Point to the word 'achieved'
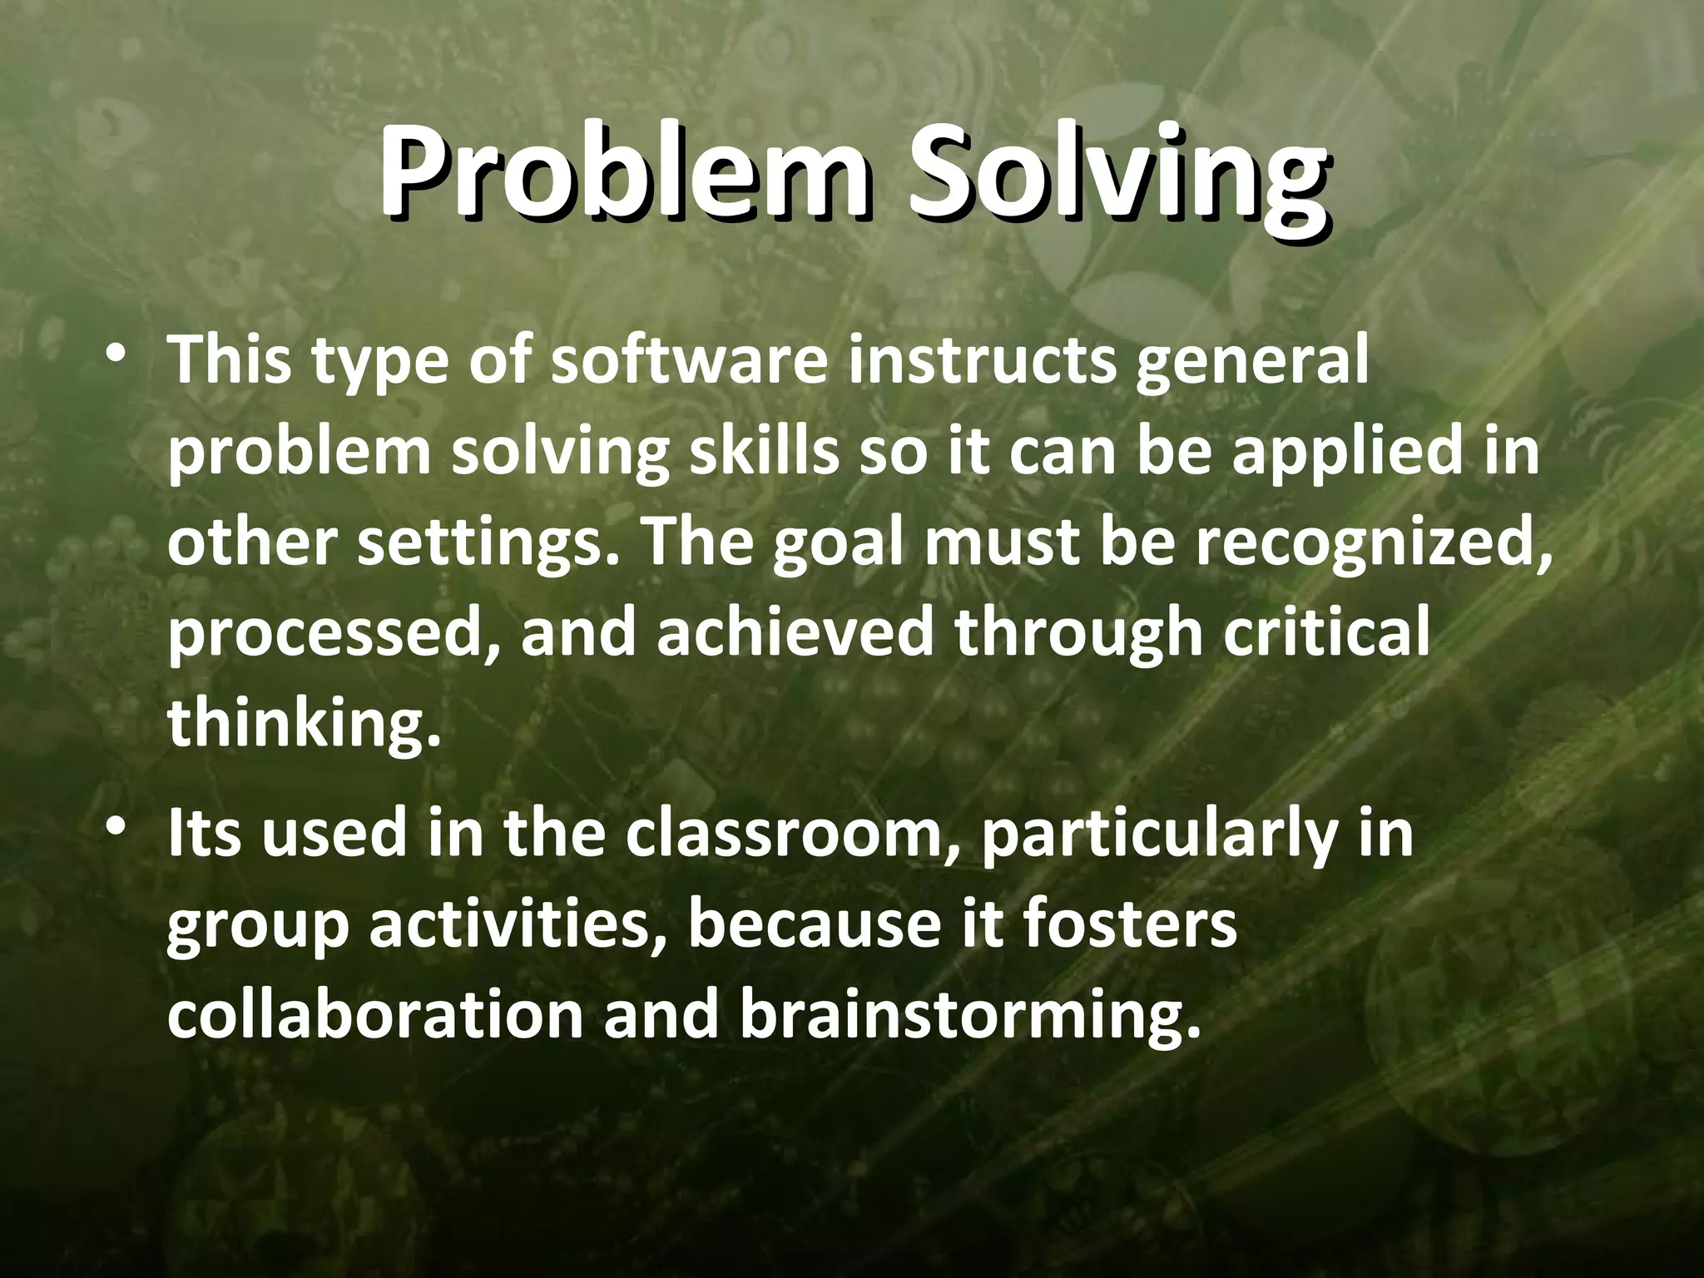click(795, 632)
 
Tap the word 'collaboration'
click(374, 1015)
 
